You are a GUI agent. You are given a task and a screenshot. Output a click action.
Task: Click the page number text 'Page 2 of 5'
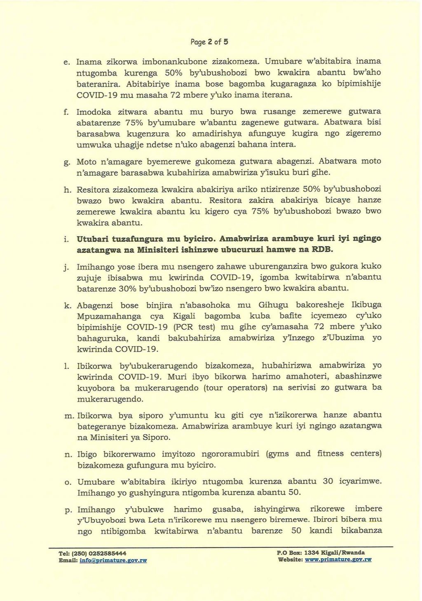(x=209, y=42)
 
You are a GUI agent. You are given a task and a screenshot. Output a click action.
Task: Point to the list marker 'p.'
(x=68, y=510)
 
